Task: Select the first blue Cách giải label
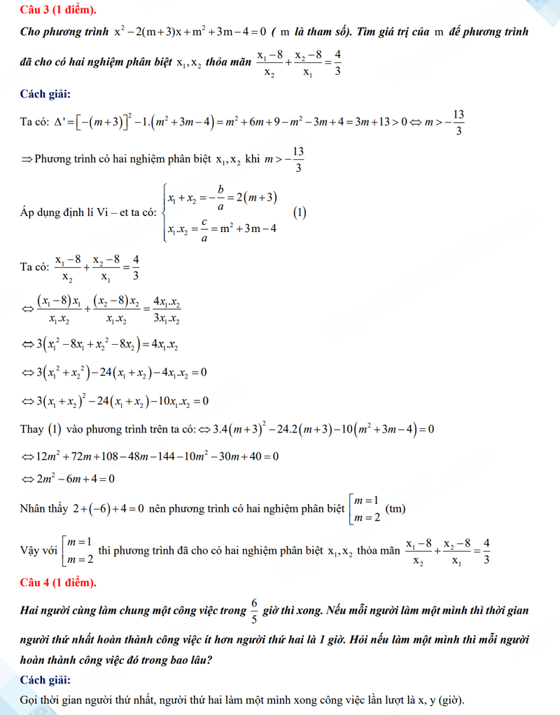[x=45, y=95]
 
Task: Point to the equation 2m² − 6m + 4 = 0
[x=69, y=479]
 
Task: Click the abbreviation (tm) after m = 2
[x=395, y=508]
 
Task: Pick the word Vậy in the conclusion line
[x=31, y=550]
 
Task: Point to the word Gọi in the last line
[x=31, y=700]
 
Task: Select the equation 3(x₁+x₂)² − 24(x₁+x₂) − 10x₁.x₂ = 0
[x=115, y=402]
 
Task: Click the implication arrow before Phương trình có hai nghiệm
[x=26, y=160]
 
